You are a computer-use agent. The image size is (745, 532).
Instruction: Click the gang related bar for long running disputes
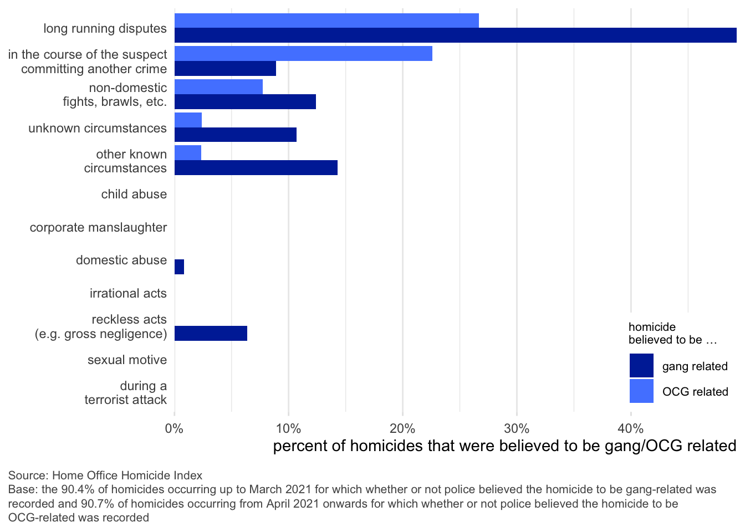tap(455, 35)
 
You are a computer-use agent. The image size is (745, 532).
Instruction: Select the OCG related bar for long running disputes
tap(326, 21)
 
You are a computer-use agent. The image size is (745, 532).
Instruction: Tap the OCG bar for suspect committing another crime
tap(303, 54)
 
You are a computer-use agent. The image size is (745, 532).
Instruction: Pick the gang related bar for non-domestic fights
tap(245, 102)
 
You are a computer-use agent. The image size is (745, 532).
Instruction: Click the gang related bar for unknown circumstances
tap(236, 135)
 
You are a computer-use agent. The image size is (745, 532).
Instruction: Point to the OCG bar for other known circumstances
tap(188, 153)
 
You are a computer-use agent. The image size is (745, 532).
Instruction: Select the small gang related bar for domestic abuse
tap(179, 267)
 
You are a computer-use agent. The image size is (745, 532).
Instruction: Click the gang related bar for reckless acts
tap(211, 334)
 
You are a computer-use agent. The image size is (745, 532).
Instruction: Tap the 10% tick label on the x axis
tap(288, 428)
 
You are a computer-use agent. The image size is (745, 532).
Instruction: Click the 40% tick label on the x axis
tap(630, 428)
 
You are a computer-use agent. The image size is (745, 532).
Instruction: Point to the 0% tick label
tap(175, 428)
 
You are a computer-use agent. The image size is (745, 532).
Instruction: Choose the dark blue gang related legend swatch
tap(641, 366)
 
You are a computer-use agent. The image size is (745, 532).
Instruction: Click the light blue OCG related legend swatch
tap(641, 391)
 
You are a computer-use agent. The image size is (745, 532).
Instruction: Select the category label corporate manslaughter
tap(98, 228)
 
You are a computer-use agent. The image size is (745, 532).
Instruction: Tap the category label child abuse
tap(134, 195)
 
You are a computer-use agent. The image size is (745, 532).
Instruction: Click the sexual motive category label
tap(127, 360)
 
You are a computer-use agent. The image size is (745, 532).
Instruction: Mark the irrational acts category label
tap(128, 294)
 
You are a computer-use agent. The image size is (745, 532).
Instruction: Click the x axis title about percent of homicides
tap(504, 446)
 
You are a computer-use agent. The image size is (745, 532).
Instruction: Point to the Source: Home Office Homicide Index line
tap(105, 475)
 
